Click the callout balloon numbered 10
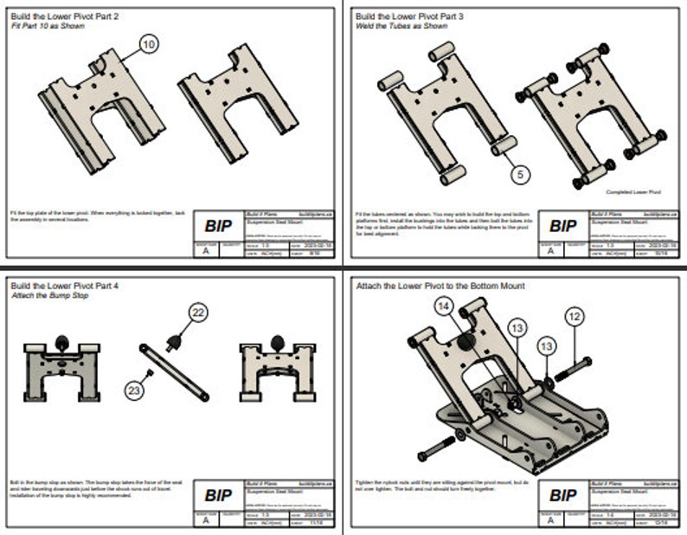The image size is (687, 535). click(x=149, y=43)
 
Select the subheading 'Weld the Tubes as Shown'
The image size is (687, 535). click(x=401, y=27)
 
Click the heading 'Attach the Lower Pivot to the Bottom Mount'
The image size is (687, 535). click(x=440, y=285)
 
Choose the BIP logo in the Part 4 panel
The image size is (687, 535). click(x=218, y=496)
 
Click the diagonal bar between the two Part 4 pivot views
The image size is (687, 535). click(x=173, y=371)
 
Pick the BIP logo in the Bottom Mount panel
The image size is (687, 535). click(x=563, y=496)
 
